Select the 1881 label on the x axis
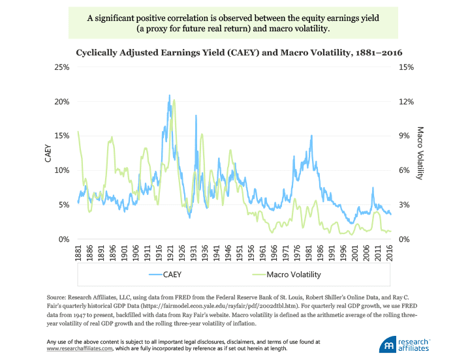78,255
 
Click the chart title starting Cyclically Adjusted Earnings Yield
235,52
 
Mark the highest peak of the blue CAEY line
169,95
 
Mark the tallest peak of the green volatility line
174,100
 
